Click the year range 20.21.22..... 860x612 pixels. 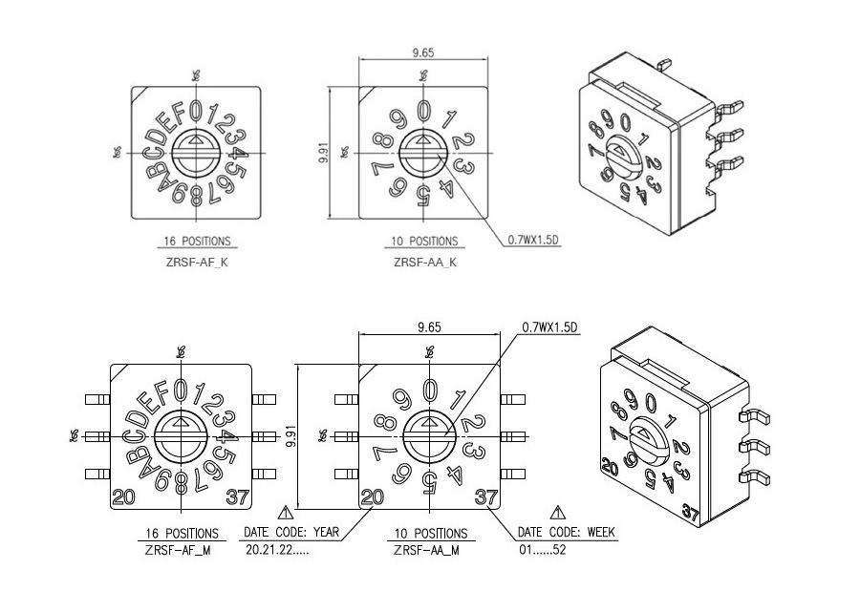(x=278, y=551)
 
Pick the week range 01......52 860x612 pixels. (x=543, y=551)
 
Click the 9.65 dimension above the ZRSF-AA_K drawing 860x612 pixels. (x=423, y=53)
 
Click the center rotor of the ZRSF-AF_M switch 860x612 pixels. (x=181, y=435)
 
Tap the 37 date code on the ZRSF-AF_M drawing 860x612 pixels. (x=238, y=496)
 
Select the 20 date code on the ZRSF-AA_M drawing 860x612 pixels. (x=373, y=496)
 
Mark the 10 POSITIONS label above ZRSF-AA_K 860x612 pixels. (x=424, y=242)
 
